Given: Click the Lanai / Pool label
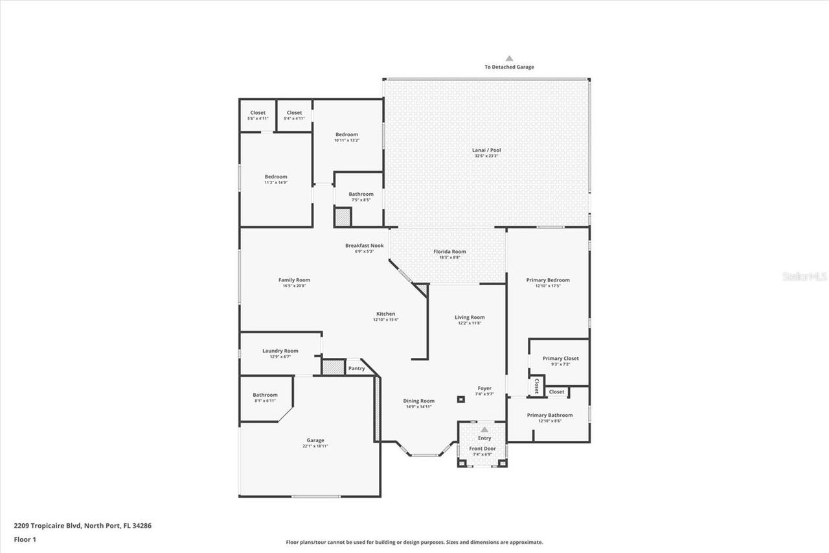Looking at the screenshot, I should coord(486,150).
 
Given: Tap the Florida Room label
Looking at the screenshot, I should coord(449,252).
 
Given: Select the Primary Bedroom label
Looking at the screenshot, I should coord(548,280).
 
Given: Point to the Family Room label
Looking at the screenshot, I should coord(294,280).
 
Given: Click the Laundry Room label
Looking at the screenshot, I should coord(280,351).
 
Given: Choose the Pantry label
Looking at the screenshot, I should coord(356,368).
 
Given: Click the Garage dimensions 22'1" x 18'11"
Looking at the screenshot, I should coord(316,446).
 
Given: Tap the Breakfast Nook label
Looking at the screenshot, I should coord(364,246).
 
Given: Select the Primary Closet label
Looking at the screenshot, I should coord(561,359).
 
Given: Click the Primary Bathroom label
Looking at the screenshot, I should coord(549,415).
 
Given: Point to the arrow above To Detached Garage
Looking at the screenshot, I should coord(509,58).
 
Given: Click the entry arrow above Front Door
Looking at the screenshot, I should coord(484,429).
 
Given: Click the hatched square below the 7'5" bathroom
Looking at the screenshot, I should coord(342,217).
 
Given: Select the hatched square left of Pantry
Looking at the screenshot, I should coord(332,366).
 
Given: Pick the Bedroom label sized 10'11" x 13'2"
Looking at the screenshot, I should coord(346,135).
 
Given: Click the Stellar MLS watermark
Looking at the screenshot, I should coord(805,276).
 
